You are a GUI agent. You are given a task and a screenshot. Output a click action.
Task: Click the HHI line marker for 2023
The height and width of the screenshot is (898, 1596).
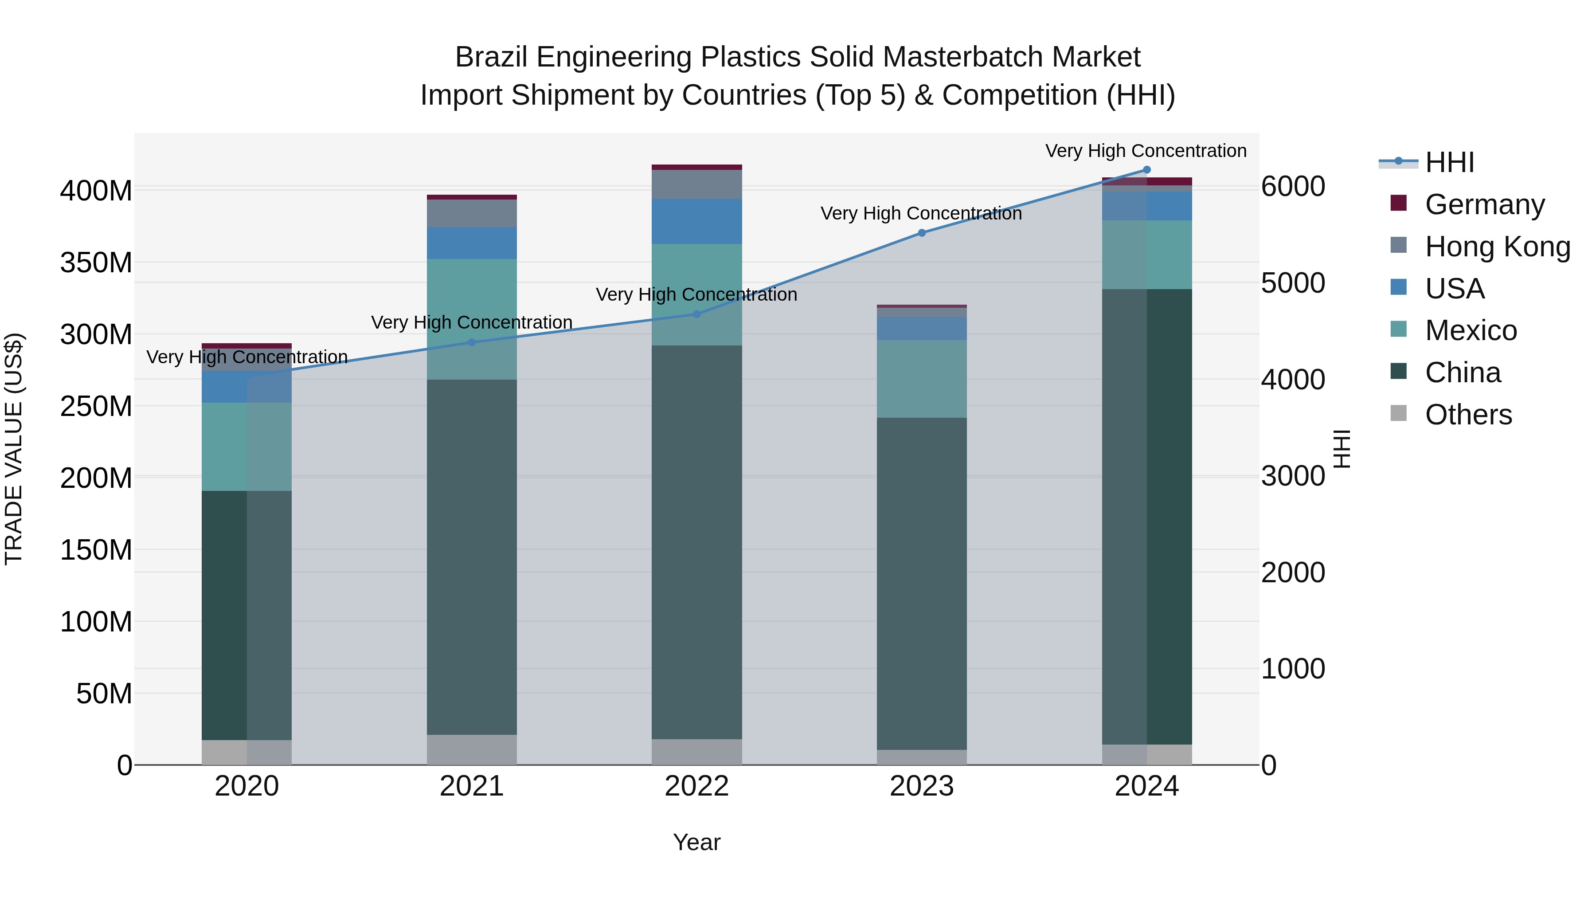coord(921,233)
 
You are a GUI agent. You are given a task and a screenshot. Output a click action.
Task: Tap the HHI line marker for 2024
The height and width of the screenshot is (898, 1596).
coord(1146,170)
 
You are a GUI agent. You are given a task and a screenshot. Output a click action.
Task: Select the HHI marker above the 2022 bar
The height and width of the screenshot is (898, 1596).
coord(696,314)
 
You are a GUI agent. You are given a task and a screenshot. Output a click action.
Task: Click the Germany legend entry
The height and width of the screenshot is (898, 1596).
coord(1484,204)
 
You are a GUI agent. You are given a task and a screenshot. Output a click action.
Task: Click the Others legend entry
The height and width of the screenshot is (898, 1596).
coord(1468,415)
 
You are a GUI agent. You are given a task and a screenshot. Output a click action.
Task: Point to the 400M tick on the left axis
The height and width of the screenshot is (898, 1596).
coord(96,191)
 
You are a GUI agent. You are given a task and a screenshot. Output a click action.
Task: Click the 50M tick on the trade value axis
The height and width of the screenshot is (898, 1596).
coord(104,694)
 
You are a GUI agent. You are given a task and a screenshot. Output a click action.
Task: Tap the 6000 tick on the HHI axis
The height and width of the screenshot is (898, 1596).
coord(1293,187)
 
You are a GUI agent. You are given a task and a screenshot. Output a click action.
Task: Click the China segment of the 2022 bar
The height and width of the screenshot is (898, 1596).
coord(696,542)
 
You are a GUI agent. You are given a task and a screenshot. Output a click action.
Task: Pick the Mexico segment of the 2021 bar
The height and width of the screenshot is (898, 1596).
coord(472,319)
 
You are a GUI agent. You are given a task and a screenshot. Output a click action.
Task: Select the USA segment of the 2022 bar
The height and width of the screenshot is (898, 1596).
coord(696,221)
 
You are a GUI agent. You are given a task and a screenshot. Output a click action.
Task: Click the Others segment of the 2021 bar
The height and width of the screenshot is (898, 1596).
coord(472,750)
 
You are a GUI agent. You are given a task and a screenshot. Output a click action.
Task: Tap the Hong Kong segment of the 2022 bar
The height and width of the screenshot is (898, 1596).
coord(696,184)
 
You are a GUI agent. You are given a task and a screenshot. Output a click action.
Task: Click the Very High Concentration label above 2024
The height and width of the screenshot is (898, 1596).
coord(1146,151)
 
